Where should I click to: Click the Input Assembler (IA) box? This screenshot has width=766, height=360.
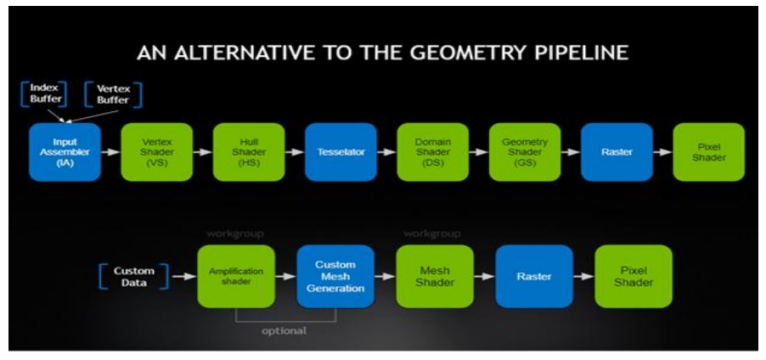65,152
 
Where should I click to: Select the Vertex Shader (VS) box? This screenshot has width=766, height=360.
157,152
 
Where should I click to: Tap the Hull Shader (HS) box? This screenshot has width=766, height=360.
248,152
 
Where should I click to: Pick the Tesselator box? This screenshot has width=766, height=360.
341,152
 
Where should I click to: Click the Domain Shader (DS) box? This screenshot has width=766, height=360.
432,152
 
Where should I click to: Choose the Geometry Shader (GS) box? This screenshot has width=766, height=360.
525,152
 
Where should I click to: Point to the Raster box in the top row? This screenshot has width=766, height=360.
617,152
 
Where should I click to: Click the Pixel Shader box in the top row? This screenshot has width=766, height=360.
708,152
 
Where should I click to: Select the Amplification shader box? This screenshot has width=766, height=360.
236,276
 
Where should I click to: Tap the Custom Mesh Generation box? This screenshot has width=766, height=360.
335,276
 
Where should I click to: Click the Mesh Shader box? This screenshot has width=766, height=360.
435,276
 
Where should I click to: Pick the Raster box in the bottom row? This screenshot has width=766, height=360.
534,276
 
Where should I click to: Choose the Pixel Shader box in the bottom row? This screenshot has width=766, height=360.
634,276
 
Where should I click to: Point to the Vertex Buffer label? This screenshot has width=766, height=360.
113,93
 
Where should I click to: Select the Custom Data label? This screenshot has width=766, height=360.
134,276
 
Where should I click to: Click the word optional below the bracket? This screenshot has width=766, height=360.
285,331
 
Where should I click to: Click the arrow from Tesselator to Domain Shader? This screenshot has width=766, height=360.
386,152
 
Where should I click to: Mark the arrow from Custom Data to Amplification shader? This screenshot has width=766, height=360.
181,276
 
